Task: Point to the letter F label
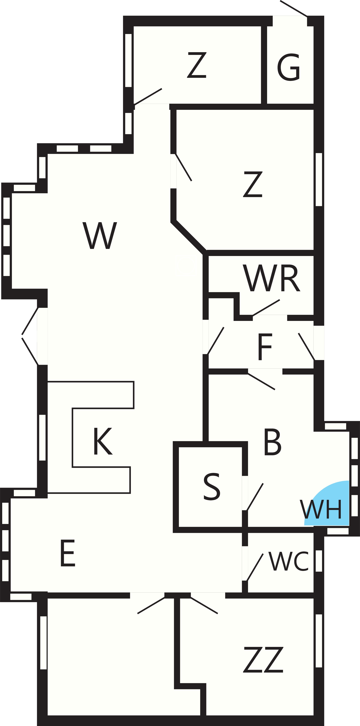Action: tap(265, 347)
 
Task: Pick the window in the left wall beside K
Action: tap(42, 437)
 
